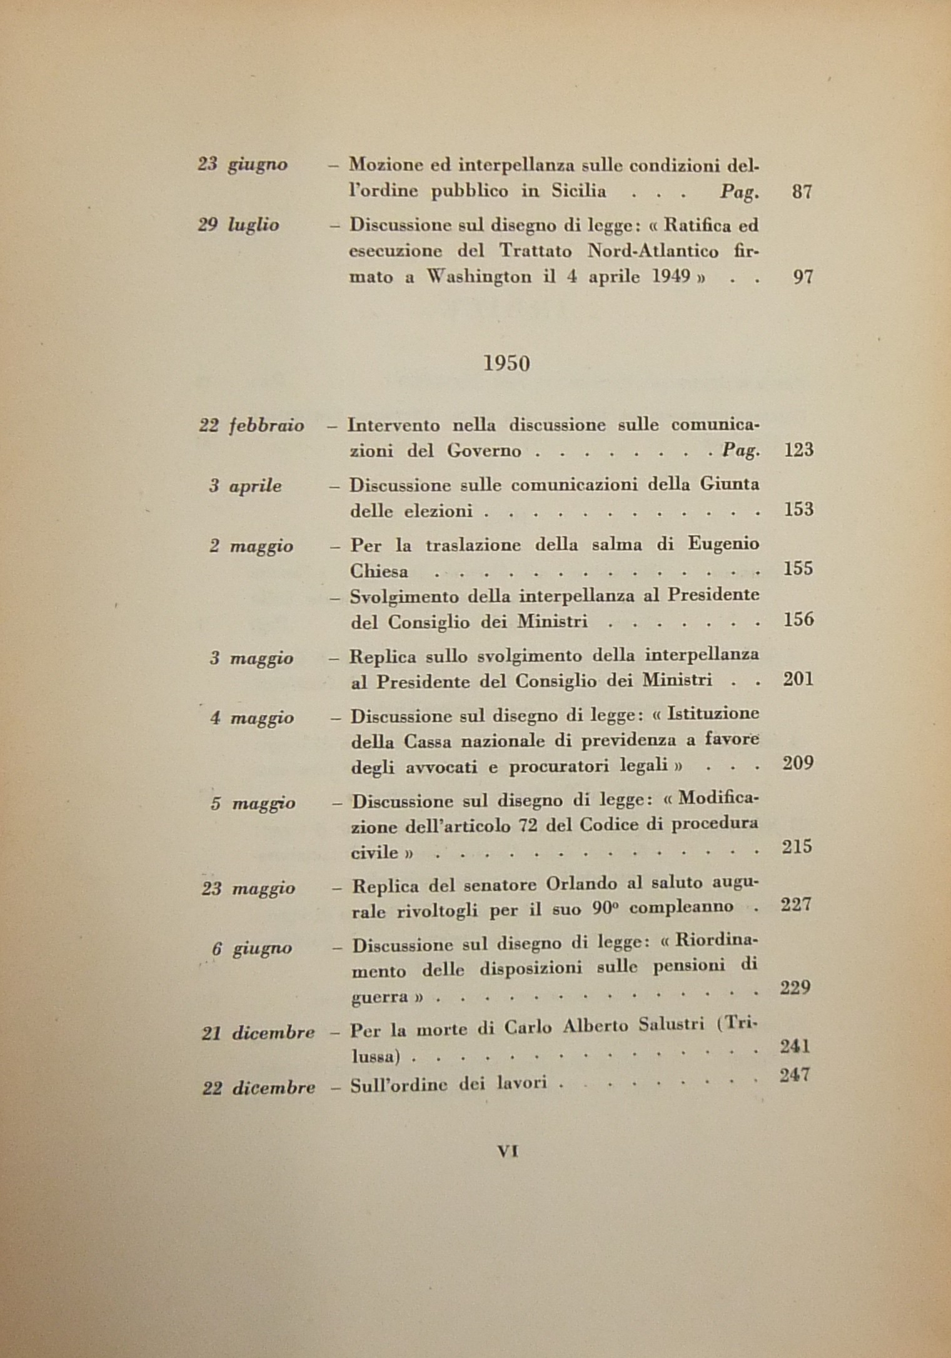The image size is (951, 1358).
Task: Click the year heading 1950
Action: pos(506,364)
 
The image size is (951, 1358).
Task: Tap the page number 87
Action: pos(802,192)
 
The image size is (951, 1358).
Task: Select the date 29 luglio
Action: pos(238,225)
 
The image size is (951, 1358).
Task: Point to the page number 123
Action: pos(798,450)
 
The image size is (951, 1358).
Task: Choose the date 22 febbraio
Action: pos(251,426)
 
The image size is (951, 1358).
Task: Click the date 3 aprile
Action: pos(245,486)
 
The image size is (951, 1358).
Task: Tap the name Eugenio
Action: pos(723,544)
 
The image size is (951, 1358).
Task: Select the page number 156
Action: pos(798,620)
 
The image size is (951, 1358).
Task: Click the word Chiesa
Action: pos(380,571)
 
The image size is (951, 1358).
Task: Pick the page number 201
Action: pos(798,680)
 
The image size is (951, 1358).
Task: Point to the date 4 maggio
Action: pos(251,718)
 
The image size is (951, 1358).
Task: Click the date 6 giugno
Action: pos(251,948)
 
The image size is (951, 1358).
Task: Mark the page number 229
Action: pos(796,987)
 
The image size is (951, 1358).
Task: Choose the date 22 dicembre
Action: pos(258,1089)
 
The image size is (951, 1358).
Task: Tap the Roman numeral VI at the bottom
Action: pos(507,1151)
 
